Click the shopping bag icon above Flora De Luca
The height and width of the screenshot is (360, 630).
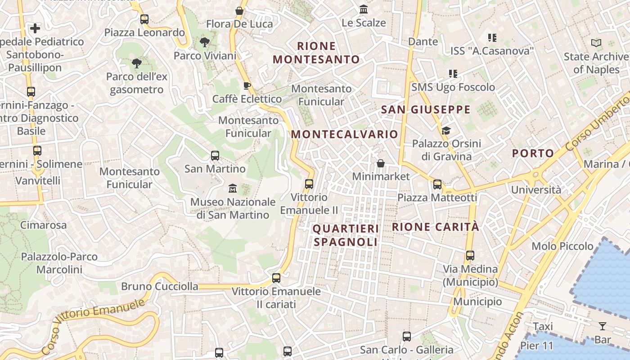pyautogui.click(x=239, y=11)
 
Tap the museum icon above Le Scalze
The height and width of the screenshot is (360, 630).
pyautogui.click(x=364, y=9)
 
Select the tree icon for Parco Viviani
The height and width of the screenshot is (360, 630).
pyautogui.click(x=205, y=43)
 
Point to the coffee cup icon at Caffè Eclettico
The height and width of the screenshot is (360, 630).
pyautogui.click(x=247, y=85)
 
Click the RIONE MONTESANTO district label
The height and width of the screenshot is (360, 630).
pyautogui.click(x=316, y=53)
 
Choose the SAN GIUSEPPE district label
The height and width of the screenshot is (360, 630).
pyautogui.click(x=426, y=109)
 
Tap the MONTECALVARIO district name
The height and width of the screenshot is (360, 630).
pyautogui.click(x=345, y=134)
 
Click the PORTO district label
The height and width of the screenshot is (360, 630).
pyautogui.click(x=533, y=153)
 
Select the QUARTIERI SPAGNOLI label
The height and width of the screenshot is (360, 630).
pyautogui.click(x=346, y=235)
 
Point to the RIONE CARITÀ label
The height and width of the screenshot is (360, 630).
pyautogui.click(x=436, y=227)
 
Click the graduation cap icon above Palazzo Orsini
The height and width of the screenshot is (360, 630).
pyautogui.click(x=446, y=130)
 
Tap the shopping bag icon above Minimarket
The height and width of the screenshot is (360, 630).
pyautogui.click(x=381, y=163)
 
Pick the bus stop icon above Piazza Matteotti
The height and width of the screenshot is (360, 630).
pyautogui.click(x=437, y=184)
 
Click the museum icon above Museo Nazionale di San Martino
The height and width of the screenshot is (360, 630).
pyautogui.click(x=233, y=188)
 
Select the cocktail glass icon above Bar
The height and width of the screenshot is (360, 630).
pyautogui.click(x=603, y=326)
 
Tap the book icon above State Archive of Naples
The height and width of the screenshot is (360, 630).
pyautogui.click(x=596, y=43)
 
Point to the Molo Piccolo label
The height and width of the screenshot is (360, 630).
pyautogui.click(x=562, y=246)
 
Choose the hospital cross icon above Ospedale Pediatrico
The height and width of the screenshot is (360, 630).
pyautogui.click(x=35, y=29)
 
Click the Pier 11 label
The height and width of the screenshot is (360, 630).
pyautogui.click(x=536, y=346)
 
